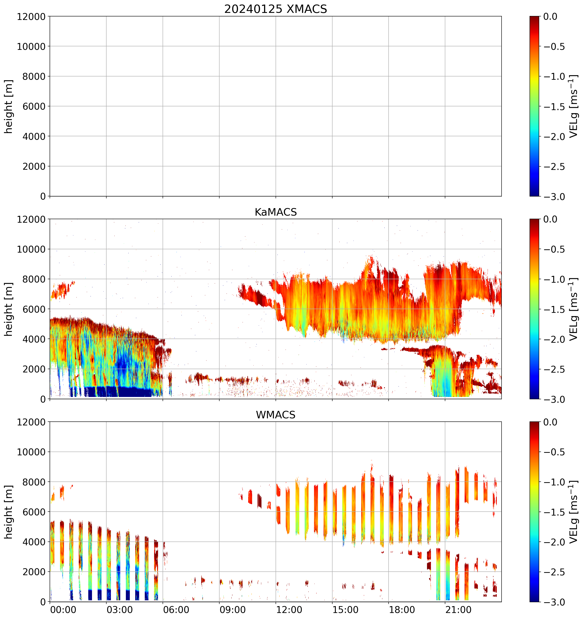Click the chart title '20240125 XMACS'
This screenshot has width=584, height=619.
(x=276, y=9)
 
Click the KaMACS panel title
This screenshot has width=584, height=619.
(x=276, y=212)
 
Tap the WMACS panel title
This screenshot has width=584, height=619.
(x=276, y=415)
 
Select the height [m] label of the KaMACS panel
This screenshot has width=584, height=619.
(x=9, y=309)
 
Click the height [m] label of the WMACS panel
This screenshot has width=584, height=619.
(x=9, y=512)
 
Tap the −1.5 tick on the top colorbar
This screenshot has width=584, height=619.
(x=554, y=107)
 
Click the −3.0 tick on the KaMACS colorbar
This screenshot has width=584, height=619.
(x=554, y=399)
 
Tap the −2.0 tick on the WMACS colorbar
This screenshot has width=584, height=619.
(x=554, y=542)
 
